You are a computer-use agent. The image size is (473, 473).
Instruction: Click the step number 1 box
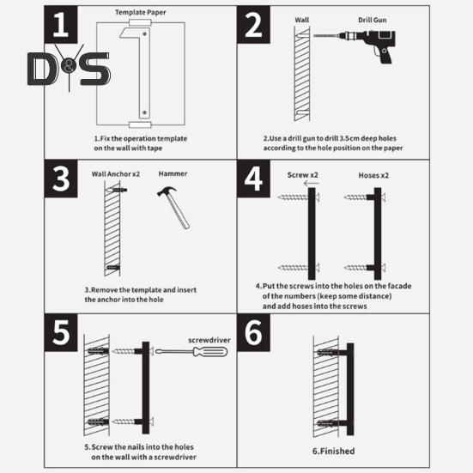tap(61, 25)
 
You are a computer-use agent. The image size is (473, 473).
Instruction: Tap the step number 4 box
tap(254, 179)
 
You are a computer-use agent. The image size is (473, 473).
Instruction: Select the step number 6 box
tap(254, 332)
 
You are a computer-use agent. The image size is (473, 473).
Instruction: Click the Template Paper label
tap(141, 12)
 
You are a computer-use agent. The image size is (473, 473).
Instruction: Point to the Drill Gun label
tap(373, 20)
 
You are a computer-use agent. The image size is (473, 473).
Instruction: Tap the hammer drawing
tap(173, 207)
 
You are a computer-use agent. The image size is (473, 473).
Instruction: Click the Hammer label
tap(173, 173)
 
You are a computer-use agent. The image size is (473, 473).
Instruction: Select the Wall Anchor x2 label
tap(116, 174)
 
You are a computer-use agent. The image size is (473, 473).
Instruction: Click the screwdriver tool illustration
tap(191, 352)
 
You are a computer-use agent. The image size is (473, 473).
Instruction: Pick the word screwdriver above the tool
tap(209, 340)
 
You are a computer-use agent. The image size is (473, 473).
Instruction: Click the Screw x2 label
tap(302, 175)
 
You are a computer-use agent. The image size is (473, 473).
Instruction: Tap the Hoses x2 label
tap(373, 175)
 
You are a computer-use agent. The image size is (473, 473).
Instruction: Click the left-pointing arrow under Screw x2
tap(312, 183)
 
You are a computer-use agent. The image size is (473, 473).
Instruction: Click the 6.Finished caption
tap(333, 452)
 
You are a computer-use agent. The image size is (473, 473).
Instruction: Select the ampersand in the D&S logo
tap(69, 67)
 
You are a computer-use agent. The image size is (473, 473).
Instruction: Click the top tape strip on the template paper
tap(140, 22)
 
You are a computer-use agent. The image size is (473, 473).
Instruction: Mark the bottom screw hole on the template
tap(144, 112)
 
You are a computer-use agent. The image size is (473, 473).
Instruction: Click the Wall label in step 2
tap(302, 20)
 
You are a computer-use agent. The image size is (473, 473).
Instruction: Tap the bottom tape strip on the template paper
tap(140, 124)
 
